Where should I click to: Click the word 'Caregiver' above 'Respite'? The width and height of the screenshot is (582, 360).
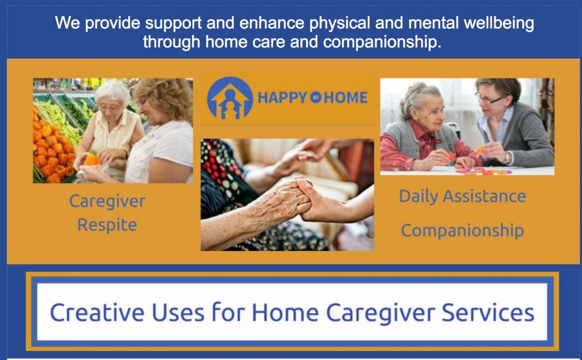pyautogui.click(x=107, y=202)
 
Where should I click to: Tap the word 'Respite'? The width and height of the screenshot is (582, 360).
pyautogui.click(x=107, y=225)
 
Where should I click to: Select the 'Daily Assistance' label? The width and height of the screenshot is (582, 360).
pyautogui.click(x=463, y=196)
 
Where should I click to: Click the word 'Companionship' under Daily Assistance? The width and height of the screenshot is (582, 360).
pyautogui.click(x=463, y=230)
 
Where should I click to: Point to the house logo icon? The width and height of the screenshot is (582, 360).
pyautogui.click(x=230, y=98)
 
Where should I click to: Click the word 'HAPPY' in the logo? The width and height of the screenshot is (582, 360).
pyautogui.click(x=282, y=98)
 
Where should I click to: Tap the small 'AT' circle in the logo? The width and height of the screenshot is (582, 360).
pyautogui.click(x=315, y=98)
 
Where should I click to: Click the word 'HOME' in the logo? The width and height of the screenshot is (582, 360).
pyautogui.click(x=346, y=98)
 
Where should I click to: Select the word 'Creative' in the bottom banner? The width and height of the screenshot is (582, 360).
pyautogui.click(x=97, y=312)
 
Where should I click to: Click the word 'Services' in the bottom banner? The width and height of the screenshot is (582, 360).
pyautogui.click(x=488, y=312)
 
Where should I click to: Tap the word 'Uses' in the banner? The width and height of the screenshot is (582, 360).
pyautogui.click(x=178, y=312)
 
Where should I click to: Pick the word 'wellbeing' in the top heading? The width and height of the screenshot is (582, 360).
pyautogui.click(x=499, y=23)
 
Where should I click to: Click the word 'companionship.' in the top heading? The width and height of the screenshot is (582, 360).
pyautogui.click(x=382, y=42)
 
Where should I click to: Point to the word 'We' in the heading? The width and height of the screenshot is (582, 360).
pyautogui.click(x=67, y=23)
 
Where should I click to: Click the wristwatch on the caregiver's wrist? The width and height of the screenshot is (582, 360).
pyautogui.click(x=507, y=158)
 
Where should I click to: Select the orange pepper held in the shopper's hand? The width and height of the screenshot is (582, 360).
pyautogui.click(x=92, y=160)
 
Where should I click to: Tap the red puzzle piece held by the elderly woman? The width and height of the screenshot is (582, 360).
pyautogui.click(x=452, y=156)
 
